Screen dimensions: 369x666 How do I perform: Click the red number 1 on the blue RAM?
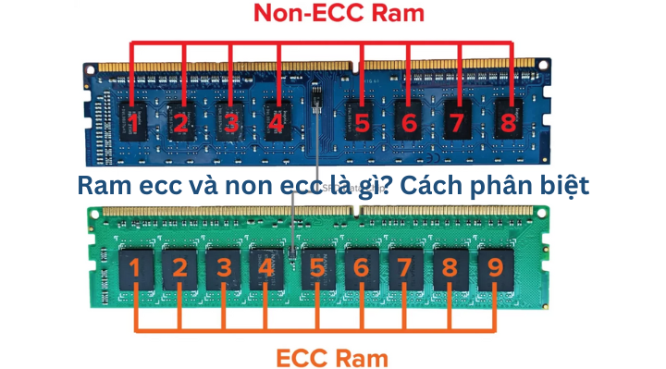click(135, 121)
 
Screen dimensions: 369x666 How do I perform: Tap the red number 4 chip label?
click(275, 121)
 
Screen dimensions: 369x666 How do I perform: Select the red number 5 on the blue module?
click(361, 121)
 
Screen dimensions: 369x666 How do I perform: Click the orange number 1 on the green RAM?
click(135, 268)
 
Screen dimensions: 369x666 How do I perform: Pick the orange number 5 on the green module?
click(316, 268)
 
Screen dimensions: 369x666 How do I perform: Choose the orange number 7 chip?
click(404, 268)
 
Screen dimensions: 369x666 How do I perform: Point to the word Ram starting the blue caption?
click(102, 185)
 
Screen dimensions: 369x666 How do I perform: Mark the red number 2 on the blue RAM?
click(180, 121)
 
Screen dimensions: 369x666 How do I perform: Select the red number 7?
click(454, 121)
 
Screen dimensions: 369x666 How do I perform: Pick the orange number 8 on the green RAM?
click(450, 268)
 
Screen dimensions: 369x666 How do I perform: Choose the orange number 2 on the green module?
click(179, 268)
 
